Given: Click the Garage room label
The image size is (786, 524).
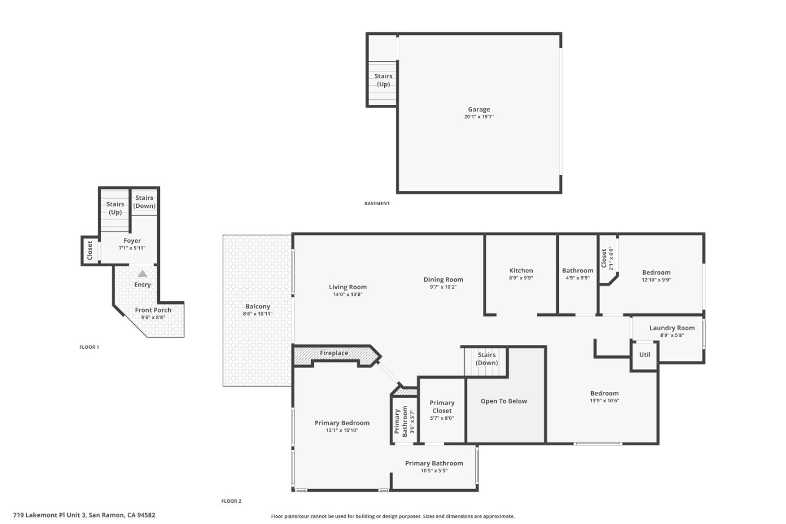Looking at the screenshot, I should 479,109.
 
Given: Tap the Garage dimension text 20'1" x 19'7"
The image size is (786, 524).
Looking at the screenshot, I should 479,117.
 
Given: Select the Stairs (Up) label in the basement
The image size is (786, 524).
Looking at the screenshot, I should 383,80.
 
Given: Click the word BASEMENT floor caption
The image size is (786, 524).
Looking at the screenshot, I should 377,204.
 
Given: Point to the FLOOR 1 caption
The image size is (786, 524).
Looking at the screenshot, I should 89,347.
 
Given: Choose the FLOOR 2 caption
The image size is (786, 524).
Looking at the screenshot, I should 231,501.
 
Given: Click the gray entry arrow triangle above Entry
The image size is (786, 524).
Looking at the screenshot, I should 142,273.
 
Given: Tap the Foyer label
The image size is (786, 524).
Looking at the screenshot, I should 132,241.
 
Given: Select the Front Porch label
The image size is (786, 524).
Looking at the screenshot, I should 153,310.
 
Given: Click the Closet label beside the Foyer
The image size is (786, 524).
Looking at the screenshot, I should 90,251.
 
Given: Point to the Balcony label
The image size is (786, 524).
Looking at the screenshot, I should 258,307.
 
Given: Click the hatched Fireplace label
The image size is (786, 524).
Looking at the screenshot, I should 334,353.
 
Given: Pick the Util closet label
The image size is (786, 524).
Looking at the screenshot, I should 645,354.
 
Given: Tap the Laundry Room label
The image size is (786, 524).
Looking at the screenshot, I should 672,328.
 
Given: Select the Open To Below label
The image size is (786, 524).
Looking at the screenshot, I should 504,401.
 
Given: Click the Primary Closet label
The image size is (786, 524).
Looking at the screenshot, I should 442,407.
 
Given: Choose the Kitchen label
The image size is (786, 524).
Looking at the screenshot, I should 521,270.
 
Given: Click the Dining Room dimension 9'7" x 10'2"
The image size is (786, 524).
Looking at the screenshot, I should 443,287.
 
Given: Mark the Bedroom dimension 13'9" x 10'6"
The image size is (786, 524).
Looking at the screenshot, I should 604,401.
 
